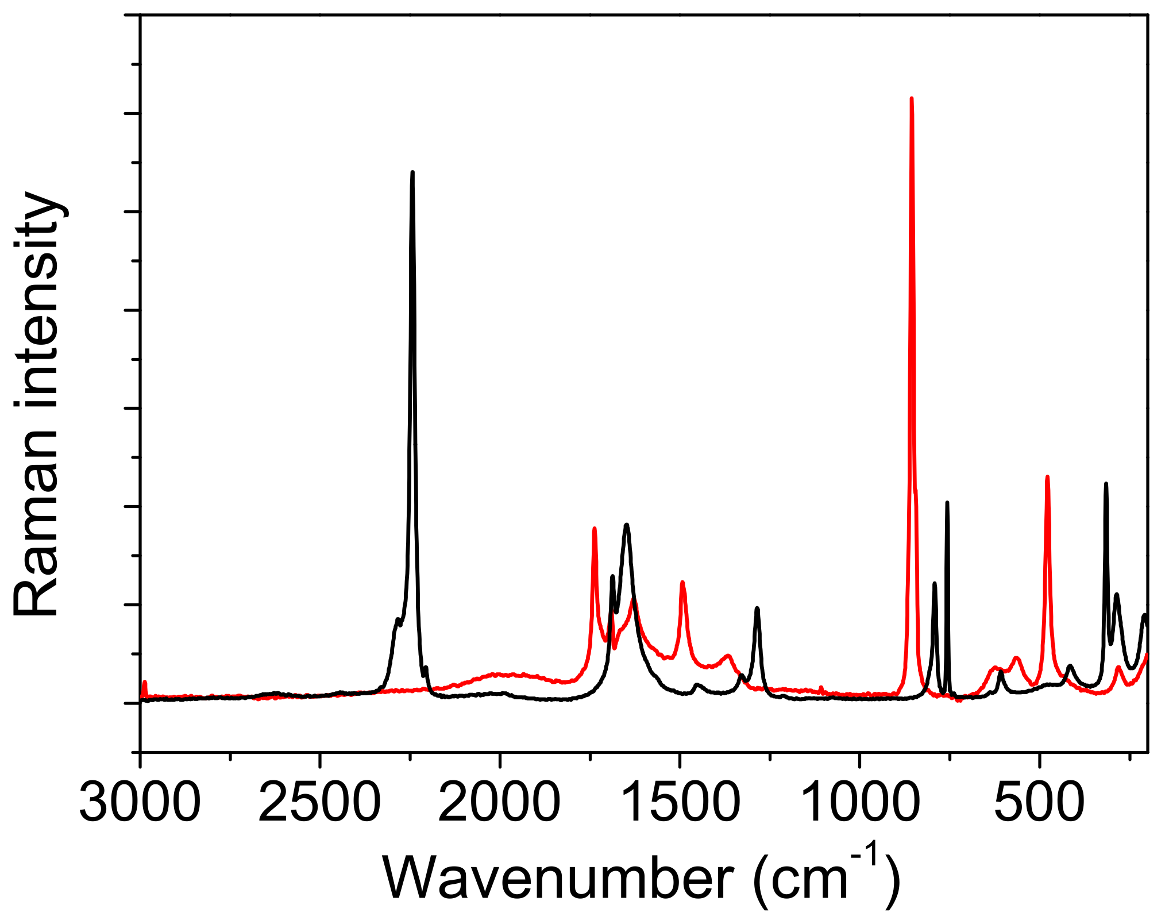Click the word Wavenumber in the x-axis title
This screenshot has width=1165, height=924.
(557, 879)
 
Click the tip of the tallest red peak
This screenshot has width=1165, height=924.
(912, 99)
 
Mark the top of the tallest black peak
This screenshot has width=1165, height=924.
(412, 172)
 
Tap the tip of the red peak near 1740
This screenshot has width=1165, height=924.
(595, 528)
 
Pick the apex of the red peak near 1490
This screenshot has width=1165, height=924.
(682, 582)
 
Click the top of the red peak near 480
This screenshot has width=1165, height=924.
(1047, 476)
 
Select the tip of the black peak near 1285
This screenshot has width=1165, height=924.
(757, 608)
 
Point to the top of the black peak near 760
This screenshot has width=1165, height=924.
(947, 503)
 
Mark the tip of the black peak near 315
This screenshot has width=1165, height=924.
(1106, 484)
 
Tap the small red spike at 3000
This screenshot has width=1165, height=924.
(145, 682)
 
